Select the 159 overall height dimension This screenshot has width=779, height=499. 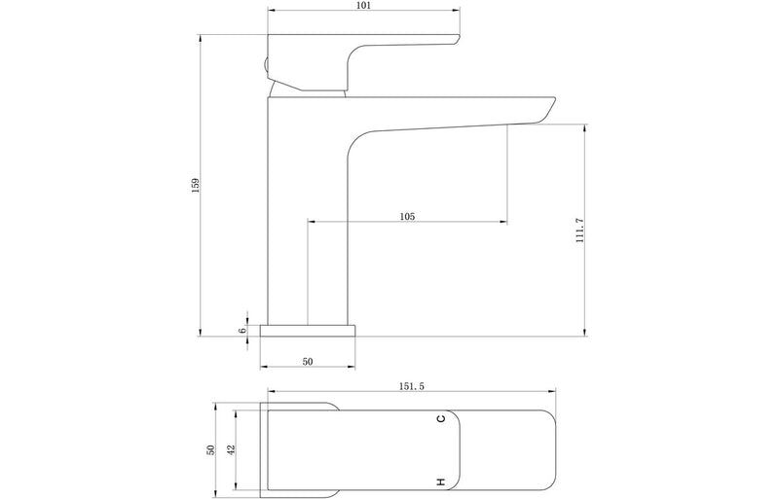pos(196,184)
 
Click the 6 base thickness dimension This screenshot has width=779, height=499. pos(243,330)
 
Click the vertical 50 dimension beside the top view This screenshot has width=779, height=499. pos(208,449)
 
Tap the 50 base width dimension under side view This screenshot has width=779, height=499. pos(308,362)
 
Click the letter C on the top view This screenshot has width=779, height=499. pos(441,418)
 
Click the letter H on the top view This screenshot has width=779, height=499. pos(441,481)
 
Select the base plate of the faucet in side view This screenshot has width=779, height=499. pos(308,329)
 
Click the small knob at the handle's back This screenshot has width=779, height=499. pos(264,67)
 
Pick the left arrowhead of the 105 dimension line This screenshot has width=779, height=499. pos(312,223)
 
